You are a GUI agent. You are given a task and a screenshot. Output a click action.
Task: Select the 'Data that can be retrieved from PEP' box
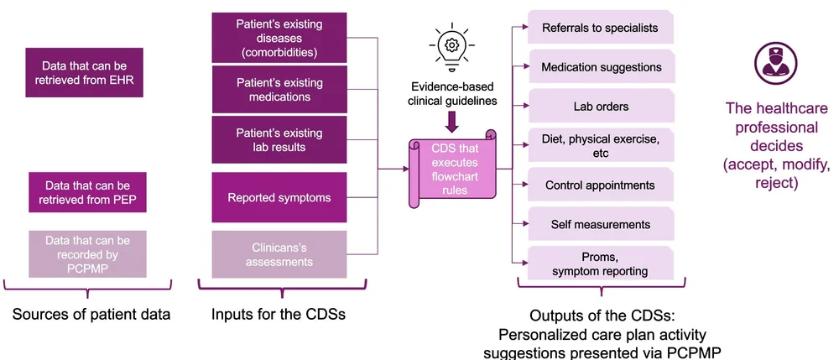click(87, 193)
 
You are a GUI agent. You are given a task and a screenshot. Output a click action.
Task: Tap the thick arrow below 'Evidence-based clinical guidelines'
click(451, 122)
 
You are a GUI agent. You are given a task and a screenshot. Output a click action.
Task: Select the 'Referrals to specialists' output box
click(600, 28)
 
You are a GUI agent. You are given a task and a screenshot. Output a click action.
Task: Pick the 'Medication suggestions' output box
click(601, 67)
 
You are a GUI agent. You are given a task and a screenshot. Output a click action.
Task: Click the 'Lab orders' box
click(601, 107)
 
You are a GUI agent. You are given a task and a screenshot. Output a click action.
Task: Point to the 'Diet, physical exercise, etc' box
click(601, 146)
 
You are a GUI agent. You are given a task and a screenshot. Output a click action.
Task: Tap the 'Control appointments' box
click(601, 185)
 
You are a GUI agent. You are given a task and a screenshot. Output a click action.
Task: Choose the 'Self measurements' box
click(601, 224)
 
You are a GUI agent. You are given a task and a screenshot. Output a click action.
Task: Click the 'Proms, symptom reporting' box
click(601, 263)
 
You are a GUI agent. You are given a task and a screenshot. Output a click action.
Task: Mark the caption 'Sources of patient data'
click(91, 316)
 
